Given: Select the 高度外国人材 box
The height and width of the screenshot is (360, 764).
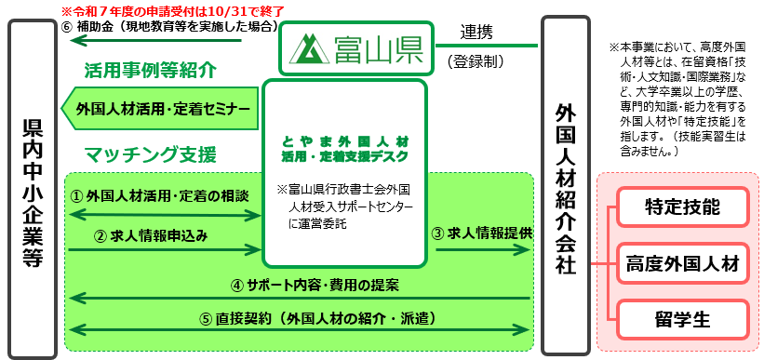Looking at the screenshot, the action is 683,264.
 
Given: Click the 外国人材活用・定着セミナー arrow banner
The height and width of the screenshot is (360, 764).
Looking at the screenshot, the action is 159,110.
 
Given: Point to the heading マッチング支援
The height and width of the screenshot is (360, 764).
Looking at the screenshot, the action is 150,153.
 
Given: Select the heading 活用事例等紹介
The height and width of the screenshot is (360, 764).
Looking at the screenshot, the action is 150,70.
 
